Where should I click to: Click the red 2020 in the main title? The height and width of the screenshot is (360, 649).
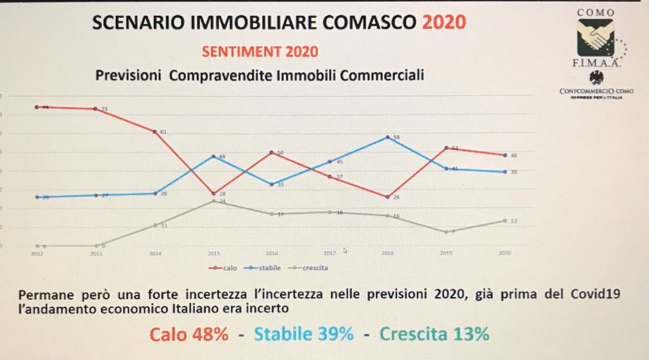pos(444,22)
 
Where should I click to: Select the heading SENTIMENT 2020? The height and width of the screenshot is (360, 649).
pos(260,51)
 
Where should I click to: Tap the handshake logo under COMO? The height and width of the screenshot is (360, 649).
pos(595,38)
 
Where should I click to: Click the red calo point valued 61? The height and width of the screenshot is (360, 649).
pos(155,132)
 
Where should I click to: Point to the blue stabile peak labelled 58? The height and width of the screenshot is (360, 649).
pos(388,137)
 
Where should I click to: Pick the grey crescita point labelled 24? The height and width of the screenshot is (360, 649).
pos(213,201)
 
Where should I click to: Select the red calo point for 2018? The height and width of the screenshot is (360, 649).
pos(388,197)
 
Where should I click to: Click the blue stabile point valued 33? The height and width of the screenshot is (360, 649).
pos(271,184)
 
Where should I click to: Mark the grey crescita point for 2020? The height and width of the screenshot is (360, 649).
pos(504,221)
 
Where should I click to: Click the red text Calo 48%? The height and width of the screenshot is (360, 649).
pos(189,335)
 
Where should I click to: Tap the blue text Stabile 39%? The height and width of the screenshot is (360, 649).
pos(303,335)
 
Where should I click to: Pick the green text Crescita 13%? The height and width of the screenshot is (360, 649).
pos(435,335)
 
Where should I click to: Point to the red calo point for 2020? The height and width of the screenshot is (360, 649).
pos(504,155)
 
